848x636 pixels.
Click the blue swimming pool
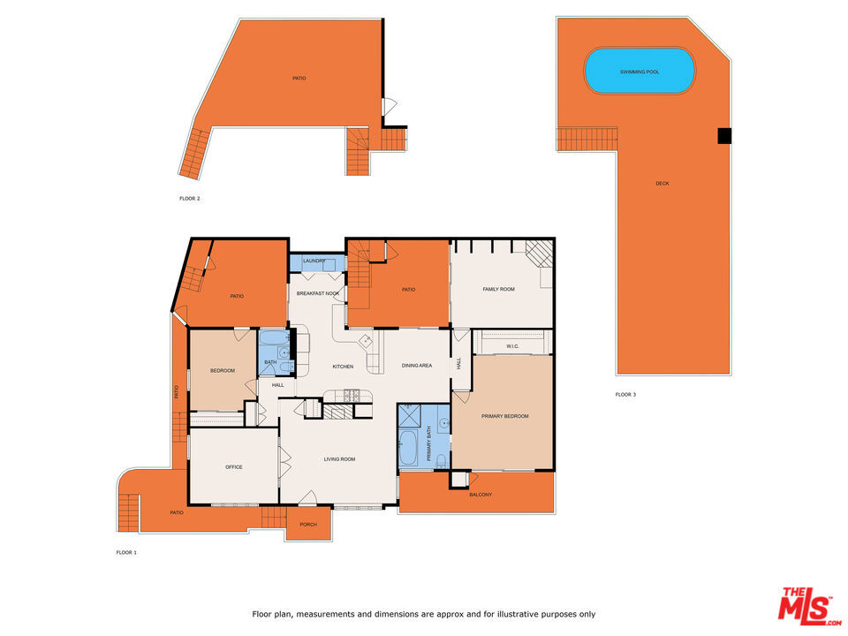640,71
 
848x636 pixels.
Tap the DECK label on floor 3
662,184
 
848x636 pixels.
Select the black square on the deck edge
724,135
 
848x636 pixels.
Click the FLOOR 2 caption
189,199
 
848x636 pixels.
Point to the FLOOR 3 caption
625,394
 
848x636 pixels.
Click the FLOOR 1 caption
126,553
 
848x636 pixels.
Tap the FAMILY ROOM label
498,289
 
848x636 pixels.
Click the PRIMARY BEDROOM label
504,415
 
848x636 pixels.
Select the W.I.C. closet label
512,346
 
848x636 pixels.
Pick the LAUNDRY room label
314,261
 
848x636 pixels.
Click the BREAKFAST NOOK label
318,293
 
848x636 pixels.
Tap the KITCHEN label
343,367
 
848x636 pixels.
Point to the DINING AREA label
416,366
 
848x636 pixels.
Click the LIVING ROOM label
339,458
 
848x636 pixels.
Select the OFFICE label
233,467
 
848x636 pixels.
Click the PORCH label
308,525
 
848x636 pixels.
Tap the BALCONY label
481,495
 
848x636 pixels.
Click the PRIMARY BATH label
428,444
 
